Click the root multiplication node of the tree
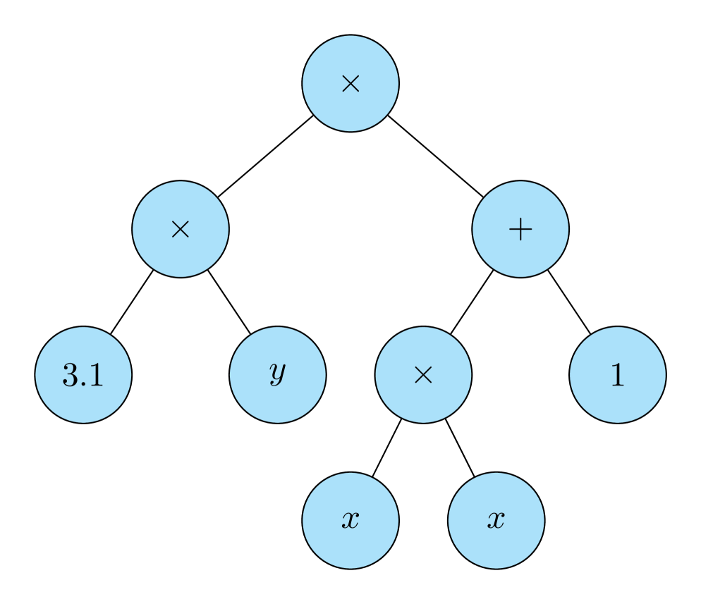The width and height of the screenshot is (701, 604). point(350,83)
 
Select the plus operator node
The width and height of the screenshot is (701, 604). point(520,229)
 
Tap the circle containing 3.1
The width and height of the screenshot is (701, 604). point(83,375)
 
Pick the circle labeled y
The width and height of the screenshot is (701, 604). point(278,375)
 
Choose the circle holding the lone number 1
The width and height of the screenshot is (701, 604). point(618,375)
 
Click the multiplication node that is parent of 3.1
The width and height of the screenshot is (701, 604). point(181,229)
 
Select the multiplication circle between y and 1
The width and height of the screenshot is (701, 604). point(423,375)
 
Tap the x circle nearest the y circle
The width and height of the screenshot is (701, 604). point(350,521)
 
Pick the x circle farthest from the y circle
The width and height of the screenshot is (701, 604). point(496,521)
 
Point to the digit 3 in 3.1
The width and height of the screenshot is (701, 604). point(71,375)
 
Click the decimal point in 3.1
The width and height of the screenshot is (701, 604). point(86,385)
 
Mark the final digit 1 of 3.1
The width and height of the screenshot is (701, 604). point(96,375)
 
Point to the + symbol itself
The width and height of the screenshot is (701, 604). point(520,230)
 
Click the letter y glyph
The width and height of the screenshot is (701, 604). point(278,374)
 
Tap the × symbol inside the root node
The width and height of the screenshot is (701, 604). point(350,84)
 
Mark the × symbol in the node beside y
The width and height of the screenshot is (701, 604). point(423,376)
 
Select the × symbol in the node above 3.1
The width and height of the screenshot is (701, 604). point(181,230)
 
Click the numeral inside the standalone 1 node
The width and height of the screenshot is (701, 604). point(618,375)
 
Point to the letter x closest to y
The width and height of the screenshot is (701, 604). point(350,521)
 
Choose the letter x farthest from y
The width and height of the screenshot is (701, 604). point(496,521)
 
